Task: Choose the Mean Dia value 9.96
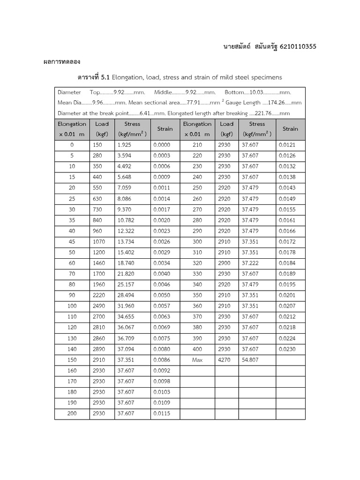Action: [x=100, y=103]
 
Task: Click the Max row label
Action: [x=197, y=360]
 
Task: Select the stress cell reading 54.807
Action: [x=250, y=360]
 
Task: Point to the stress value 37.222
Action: [x=250, y=263]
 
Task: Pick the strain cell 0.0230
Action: [x=287, y=349]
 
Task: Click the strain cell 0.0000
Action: [x=161, y=145]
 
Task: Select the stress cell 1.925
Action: [x=124, y=145]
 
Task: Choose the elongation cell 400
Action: [x=197, y=349]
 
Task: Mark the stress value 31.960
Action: [x=126, y=306]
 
